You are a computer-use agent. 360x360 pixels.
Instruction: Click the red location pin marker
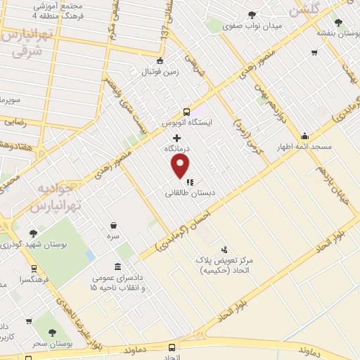[x=181, y=167]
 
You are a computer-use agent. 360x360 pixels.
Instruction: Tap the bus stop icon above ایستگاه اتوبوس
[x=186, y=111]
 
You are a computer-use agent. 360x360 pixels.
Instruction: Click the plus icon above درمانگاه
[x=176, y=139]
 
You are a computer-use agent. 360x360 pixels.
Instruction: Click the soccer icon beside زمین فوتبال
[x=160, y=60]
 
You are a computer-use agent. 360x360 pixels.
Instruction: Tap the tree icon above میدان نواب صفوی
[x=251, y=15]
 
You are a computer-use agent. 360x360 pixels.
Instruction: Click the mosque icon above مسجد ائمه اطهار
[x=304, y=136]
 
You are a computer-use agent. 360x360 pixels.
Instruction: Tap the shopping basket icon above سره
[x=113, y=226]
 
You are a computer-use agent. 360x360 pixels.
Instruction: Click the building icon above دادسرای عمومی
[x=117, y=267]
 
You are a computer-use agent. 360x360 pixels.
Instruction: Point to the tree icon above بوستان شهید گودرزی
[x=33, y=233]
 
